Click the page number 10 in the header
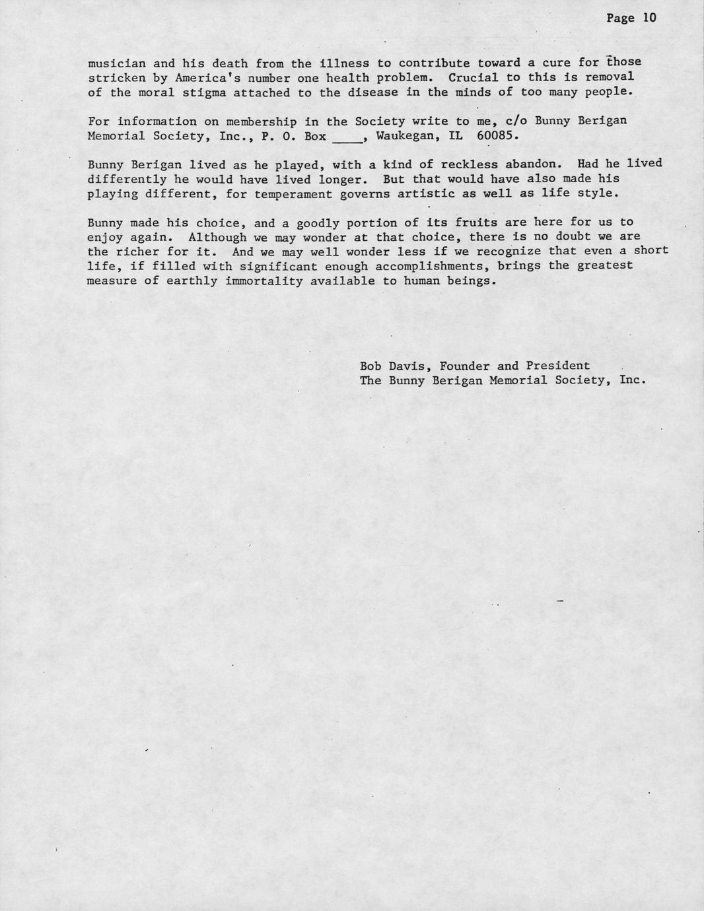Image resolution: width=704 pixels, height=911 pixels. pos(650,18)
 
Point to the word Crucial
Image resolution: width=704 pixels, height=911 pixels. pos(474,77)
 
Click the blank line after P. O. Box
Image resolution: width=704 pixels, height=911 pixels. pos(347,137)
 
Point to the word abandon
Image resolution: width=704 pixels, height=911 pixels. pos(538,164)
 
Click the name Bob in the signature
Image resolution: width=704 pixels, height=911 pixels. pos(370,366)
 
